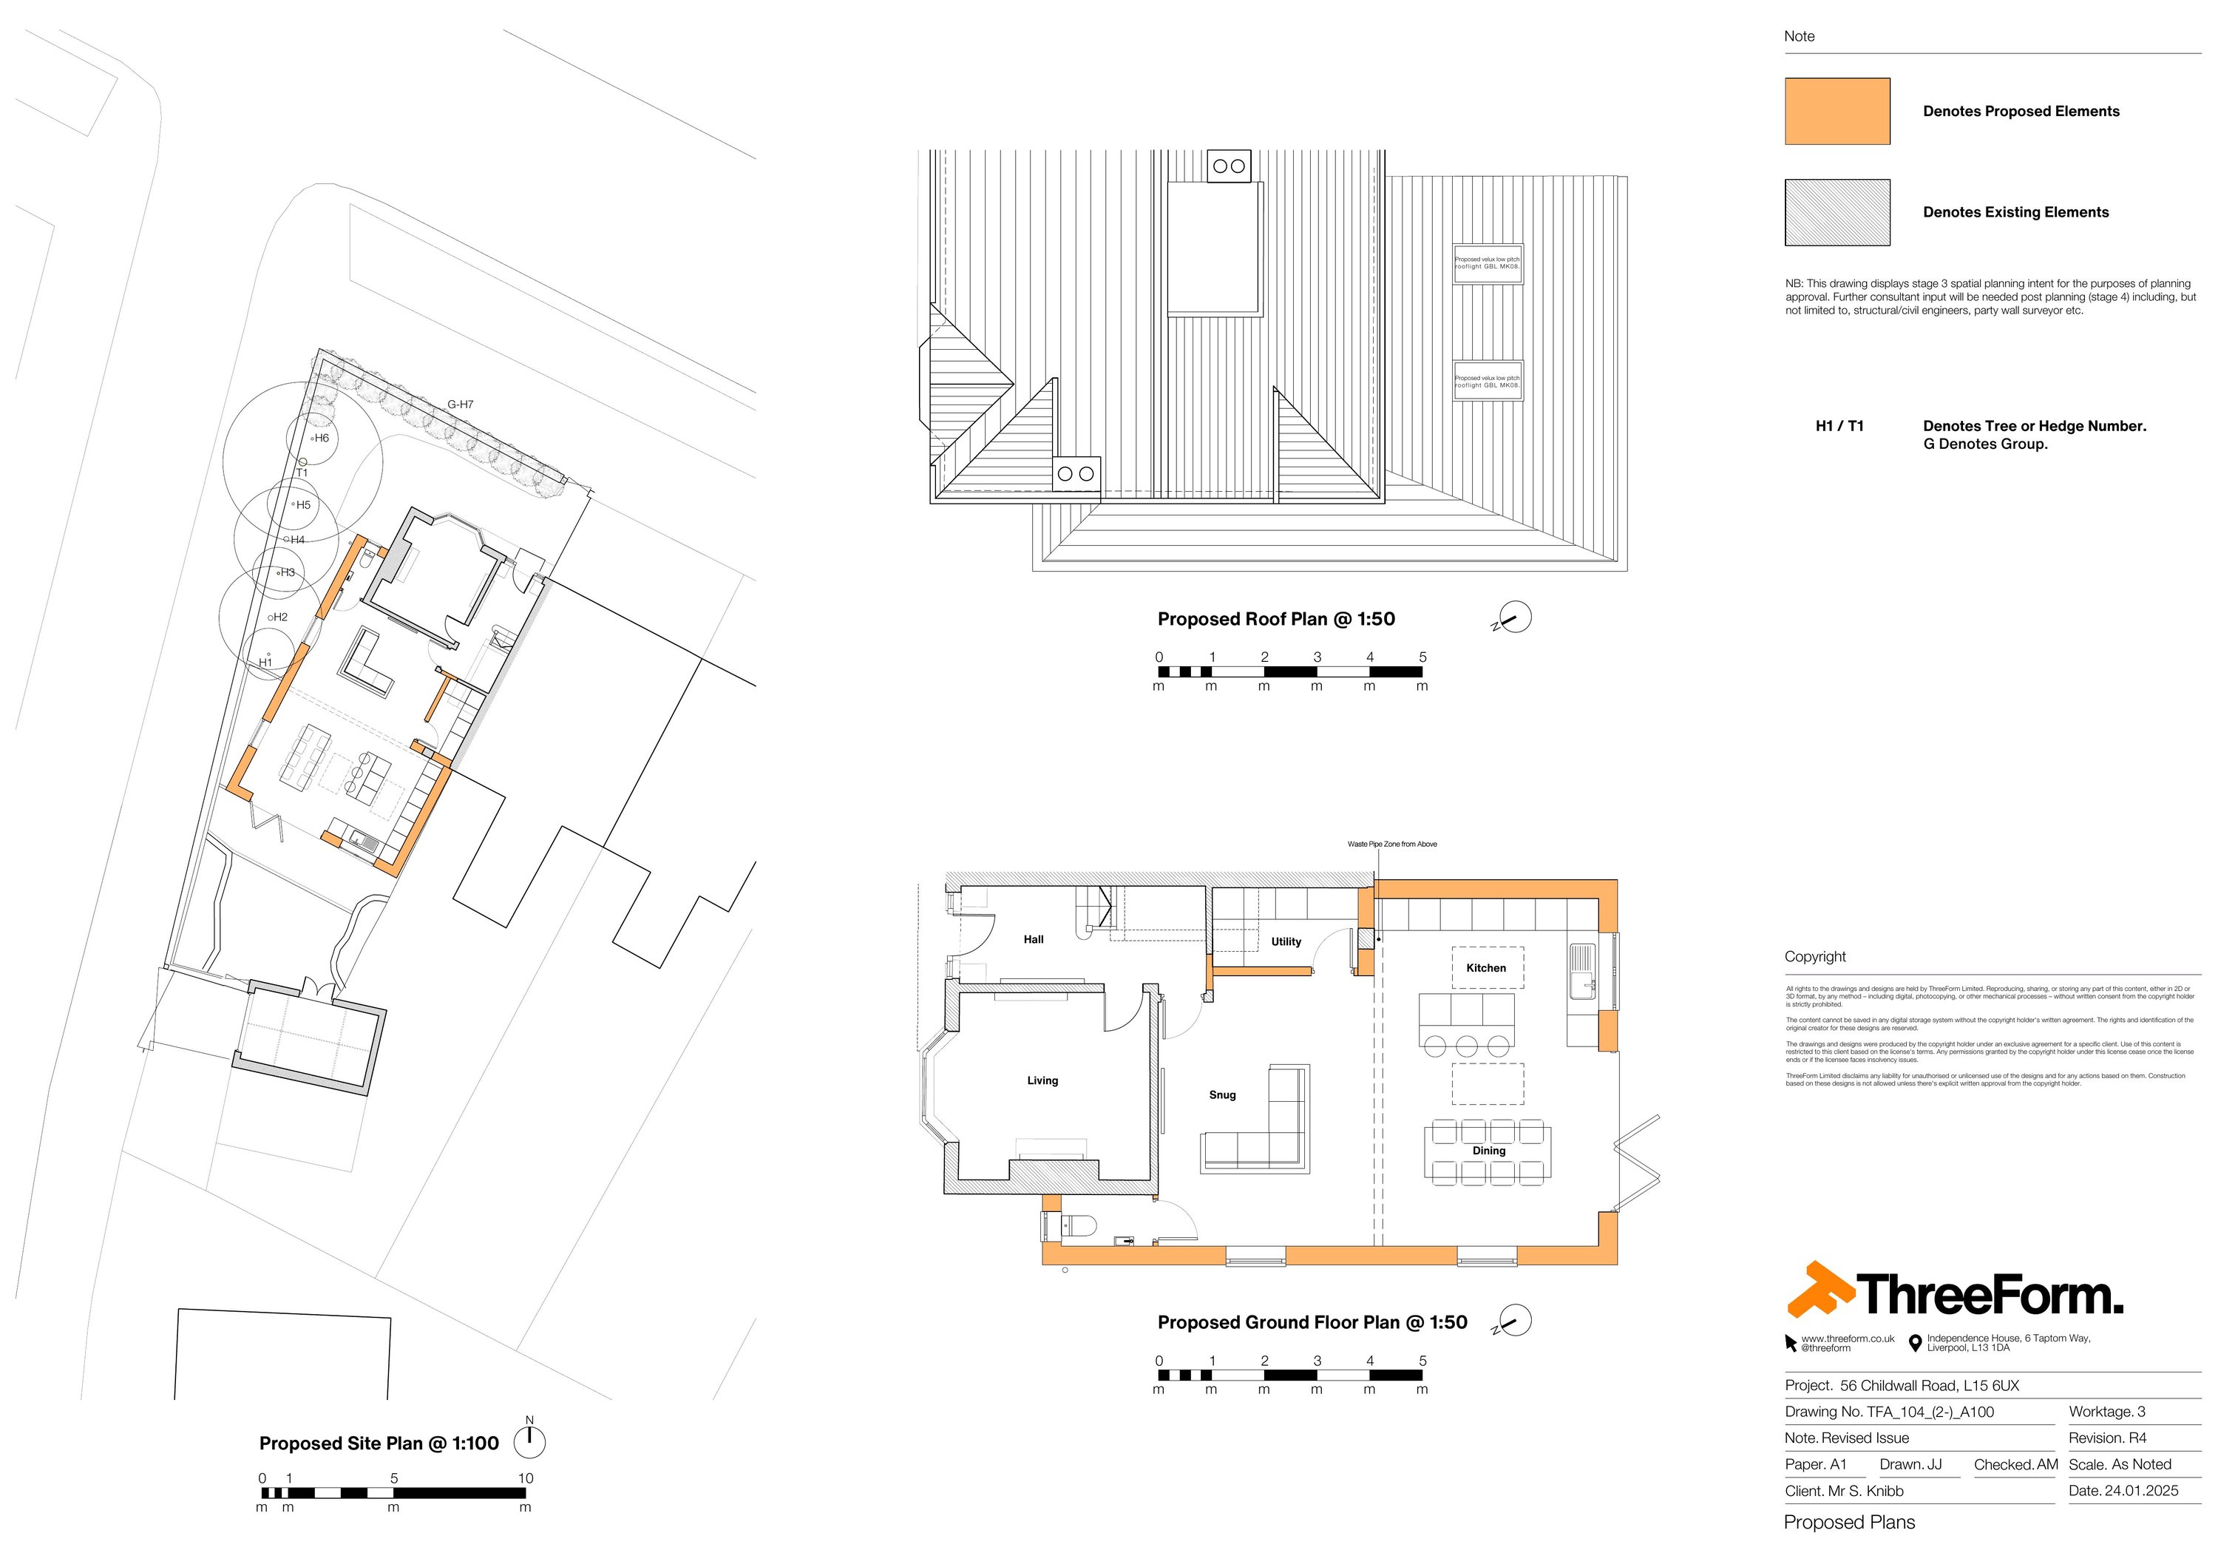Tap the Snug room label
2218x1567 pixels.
click(1222, 1094)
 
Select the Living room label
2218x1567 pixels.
click(1042, 1080)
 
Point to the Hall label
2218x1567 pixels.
click(1033, 939)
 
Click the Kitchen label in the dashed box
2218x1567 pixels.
click(1486, 968)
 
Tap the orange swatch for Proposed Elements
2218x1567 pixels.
click(1837, 111)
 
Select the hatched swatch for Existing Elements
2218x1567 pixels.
click(1837, 212)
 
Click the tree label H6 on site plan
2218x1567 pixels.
click(321, 438)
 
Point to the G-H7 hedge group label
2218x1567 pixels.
click(460, 405)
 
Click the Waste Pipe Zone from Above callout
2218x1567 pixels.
click(1391, 845)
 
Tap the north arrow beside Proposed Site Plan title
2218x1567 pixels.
click(529, 1441)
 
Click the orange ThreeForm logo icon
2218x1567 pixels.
click(1819, 1290)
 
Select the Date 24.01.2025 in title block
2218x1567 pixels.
click(2123, 1491)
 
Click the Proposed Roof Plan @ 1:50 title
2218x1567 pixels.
click(1275, 619)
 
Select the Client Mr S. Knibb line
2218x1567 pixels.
click(1843, 1491)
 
